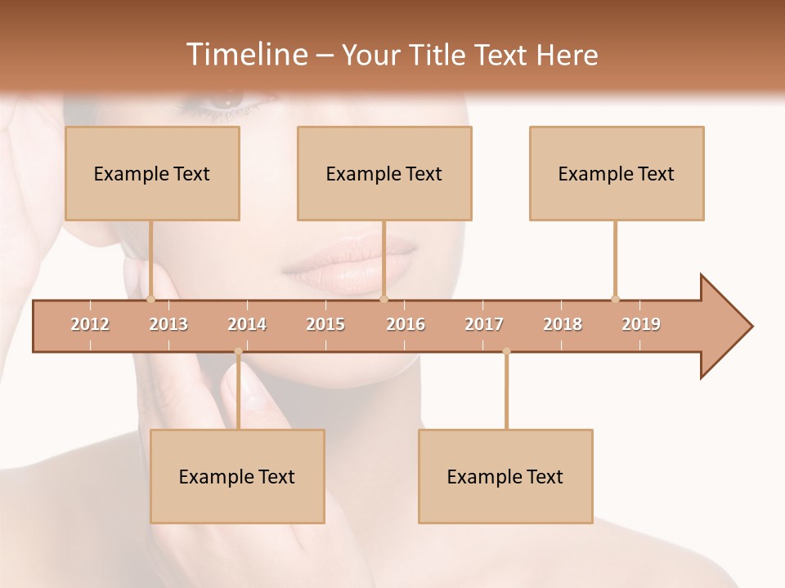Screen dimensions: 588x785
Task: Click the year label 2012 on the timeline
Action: pyautogui.click(x=90, y=324)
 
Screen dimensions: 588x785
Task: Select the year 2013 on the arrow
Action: pyautogui.click(x=168, y=324)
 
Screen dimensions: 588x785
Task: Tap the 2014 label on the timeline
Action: pyautogui.click(x=247, y=324)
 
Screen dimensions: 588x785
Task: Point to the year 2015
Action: pyautogui.click(x=325, y=324)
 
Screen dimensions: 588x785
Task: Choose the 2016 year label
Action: pyautogui.click(x=406, y=324)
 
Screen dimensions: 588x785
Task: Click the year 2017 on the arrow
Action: pyautogui.click(x=484, y=324)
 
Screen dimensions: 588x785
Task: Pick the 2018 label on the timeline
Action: pyautogui.click(x=563, y=324)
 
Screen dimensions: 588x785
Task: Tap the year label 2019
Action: pyautogui.click(x=641, y=324)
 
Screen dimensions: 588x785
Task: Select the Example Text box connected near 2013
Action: pyautogui.click(x=152, y=173)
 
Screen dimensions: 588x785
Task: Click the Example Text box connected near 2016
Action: pyautogui.click(x=384, y=173)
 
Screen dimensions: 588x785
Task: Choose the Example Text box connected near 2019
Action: pyautogui.click(x=617, y=173)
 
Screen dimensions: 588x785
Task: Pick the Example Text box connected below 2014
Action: pyautogui.click(x=237, y=476)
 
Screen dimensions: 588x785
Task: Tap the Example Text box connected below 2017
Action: pyautogui.click(x=505, y=476)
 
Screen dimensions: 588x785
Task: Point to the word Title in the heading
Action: pyautogui.click(x=440, y=55)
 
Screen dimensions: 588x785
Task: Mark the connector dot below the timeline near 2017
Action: pyautogui.click(x=506, y=351)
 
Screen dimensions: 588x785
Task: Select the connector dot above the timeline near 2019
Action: pyautogui.click(x=615, y=299)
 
